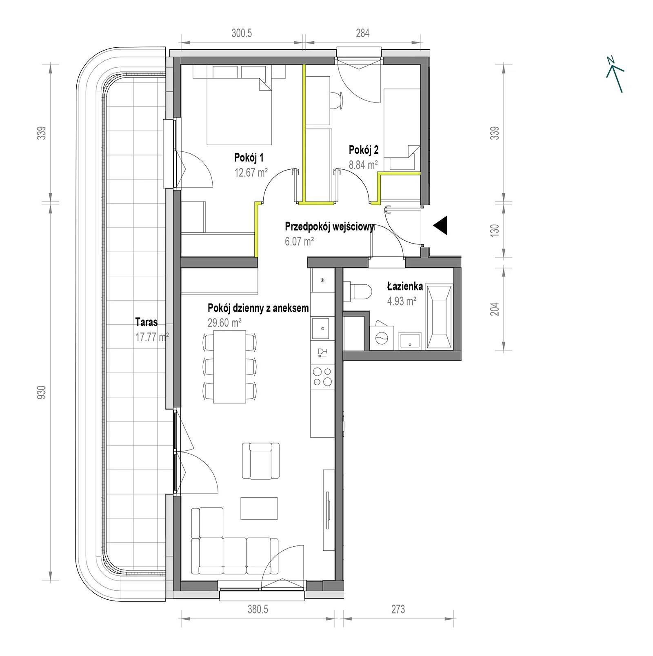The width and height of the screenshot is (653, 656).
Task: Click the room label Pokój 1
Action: [x=249, y=157]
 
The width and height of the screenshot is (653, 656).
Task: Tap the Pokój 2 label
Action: [x=364, y=150]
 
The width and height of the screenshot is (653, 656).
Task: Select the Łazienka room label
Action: [x=405, y=287]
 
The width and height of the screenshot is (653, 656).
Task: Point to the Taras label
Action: [x=147, y=322]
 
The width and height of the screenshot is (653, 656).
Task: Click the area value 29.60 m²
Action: [x=224, y=323]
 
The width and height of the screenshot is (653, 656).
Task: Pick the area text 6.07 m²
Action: [x=300, y=242]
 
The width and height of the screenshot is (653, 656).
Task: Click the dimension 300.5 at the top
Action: [x=242, y=33]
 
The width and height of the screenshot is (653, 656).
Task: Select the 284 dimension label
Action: [x=362, y=33]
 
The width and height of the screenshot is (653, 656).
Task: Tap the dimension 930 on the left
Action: [x=43, y=392]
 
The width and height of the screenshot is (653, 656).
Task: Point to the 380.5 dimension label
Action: [x=258, y=609]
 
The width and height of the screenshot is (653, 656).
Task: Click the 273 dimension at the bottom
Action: [x=398, y=609]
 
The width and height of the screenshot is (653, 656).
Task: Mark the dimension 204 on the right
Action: [x=495, y=309]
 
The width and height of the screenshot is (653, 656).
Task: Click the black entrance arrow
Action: [x=441, y=225]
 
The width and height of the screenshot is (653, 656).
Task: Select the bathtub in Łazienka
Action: [x=439, y=317]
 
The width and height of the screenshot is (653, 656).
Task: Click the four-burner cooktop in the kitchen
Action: [x=322, y=377]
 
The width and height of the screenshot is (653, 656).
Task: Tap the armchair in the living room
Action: [x=261, y=461]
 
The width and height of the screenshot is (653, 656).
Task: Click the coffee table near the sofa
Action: [x=259, y=508]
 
